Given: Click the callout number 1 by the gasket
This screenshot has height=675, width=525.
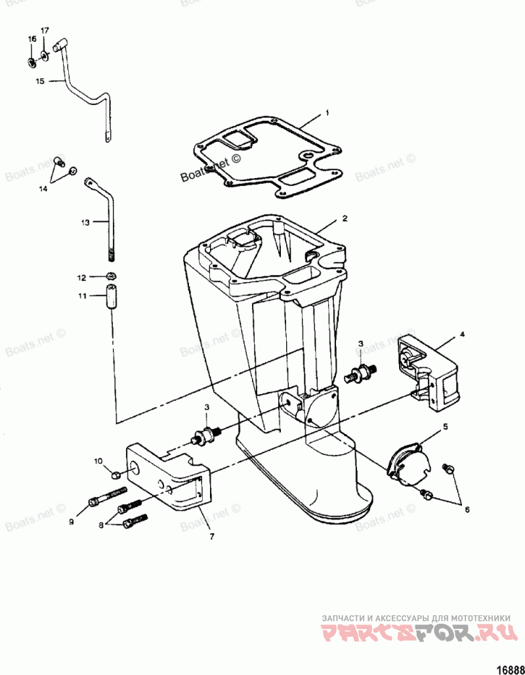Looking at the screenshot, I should pyautogui.click(x=327, y=114).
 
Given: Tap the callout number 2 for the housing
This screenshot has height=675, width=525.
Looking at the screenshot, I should pyautogui.click(x=344, y=217).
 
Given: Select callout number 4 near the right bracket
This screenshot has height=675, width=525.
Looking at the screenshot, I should pyautogui.click(x=462, y=334).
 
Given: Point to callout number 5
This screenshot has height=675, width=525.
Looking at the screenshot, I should pyautogui.click(x=445, y=426).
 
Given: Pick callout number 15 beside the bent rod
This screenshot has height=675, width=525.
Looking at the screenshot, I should pyautogui.click(x=39, y=81).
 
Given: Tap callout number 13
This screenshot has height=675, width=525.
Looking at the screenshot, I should pyautogui.click(x=85, y=223).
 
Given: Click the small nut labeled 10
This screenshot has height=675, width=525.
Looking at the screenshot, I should pyautogui.click(x=115, y=474).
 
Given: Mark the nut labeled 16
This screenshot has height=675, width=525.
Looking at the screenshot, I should pyautogui.click(x=31, y=62).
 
